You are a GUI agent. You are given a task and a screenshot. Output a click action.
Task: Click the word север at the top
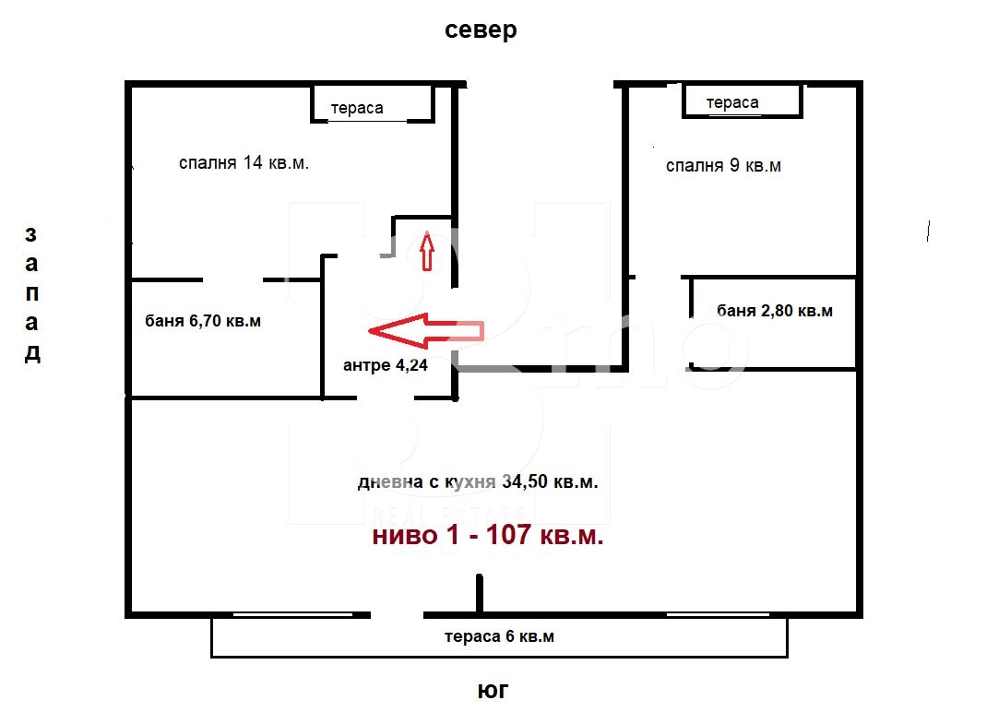click(x=481, y=30)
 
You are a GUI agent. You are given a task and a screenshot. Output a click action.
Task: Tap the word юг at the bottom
click(x=493, y=690)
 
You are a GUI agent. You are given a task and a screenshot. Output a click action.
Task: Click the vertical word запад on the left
click(x=32, y=294)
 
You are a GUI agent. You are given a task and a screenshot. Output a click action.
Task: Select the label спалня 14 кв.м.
click(x=244, y=163)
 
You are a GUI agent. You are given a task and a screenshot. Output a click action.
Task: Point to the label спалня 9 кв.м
click(x=723, y=165)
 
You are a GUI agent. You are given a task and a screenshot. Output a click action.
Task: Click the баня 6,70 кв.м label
click(x=203, y=321)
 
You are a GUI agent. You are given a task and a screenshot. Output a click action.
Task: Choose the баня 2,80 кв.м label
click(x=775, y=311)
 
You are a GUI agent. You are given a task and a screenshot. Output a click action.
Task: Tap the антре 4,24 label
click(x=385, y=365)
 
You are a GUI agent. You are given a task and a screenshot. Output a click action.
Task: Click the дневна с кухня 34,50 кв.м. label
click(x=478, y=481)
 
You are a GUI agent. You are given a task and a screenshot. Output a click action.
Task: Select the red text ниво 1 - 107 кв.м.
click(x=488, y=534)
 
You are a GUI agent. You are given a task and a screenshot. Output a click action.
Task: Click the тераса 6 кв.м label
click(x=499, y=636)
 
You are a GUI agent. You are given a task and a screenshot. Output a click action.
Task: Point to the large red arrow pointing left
click(x=426, y=331)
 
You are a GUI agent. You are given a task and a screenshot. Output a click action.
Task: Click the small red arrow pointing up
click(x=427, y=251)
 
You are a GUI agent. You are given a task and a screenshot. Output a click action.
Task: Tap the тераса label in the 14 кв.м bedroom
click(x=357, y=108)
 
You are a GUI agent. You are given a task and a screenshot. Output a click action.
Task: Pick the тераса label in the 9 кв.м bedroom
click(x=732, y=102)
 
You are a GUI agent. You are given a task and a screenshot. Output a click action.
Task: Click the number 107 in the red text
click(x=508, y=534)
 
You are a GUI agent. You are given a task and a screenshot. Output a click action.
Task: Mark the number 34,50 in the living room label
click(x=525, y=481)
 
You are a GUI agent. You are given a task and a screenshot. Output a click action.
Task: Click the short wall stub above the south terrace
click(x=480, y=594)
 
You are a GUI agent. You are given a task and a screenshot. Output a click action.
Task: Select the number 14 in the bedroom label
click(x=253, y=162)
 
